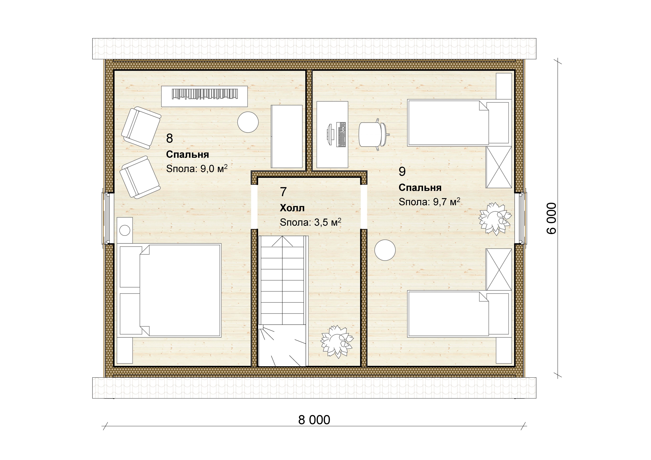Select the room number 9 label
point(402,172)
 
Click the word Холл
point(292,208)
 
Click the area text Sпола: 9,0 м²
point(197,169)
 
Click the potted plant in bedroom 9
point(495,218)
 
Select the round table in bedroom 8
point(248,122)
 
